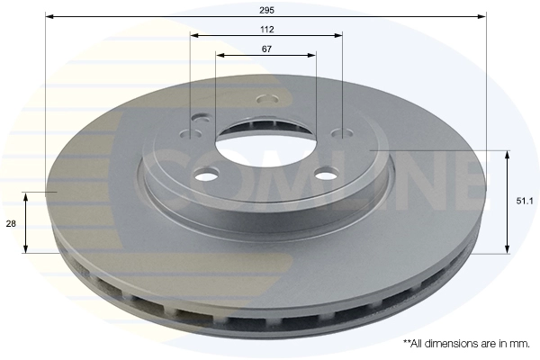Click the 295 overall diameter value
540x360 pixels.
point(266,10)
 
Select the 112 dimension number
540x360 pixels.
point(267,30)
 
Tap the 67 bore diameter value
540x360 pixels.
point(266,49)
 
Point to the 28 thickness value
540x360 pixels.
point(11,224)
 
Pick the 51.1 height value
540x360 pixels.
point(525,202)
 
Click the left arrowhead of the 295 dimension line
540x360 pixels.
point(49,16)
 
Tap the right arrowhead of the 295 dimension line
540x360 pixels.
point(481,16)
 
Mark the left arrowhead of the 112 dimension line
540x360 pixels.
point(195,35)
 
